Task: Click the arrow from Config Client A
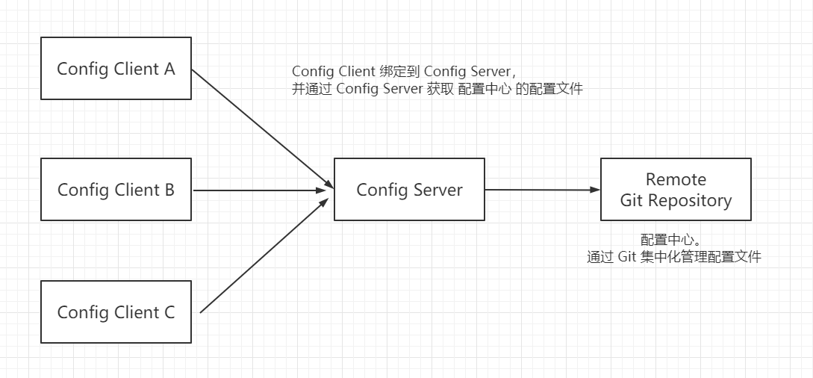coord(262,128)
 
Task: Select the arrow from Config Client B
coord(259,190)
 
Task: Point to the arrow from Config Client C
coord(264,255)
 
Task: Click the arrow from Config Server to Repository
coord(543,190)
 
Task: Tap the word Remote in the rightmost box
coord(676,179)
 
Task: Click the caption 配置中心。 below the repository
coord(671,240)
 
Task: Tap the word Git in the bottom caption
coord(626,257)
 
